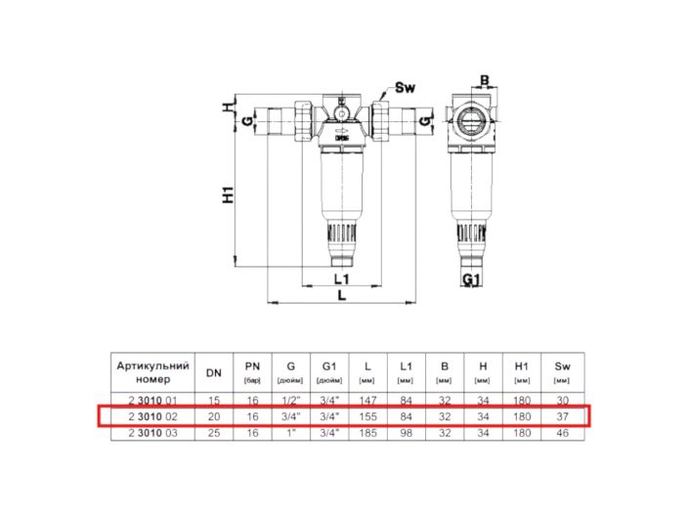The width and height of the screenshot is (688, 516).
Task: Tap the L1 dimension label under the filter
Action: pyautogui.click(x=341, y=279)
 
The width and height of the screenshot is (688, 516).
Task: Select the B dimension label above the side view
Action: pyautogui.click(x=483, y=80)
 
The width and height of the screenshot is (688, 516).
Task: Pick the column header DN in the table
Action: pyautogui.click(x=213, y=371)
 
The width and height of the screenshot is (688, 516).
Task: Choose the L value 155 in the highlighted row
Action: pyautogui.click(x=367, y=416)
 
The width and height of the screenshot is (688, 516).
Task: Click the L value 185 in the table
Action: pyautogui.click(x=367, y=431)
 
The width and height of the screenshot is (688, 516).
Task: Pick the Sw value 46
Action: pyautogui.click(x=560, y=431)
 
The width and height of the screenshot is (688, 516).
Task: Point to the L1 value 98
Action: pyautogui.click(x=406, y=431)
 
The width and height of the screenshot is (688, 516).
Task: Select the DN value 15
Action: pyautogui.click(x=213, y=401)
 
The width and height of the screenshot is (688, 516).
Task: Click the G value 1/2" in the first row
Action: pyautogui.click(x=290, y=401)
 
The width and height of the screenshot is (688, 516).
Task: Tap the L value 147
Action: pyautogui.click(x=367, y=401)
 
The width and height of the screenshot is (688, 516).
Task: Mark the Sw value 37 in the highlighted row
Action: pyautogui.click(x=560, y=416)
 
